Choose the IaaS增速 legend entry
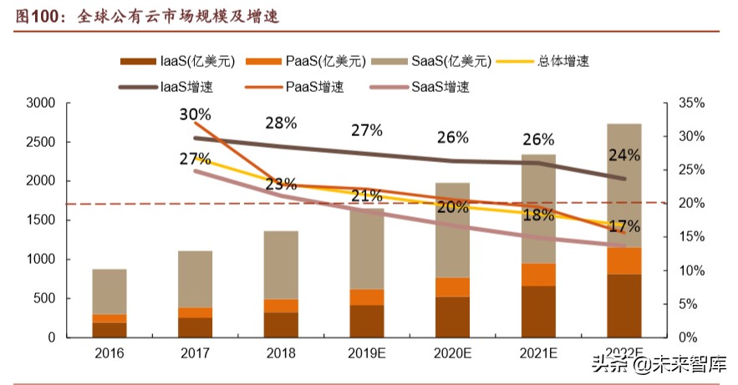click(x=177, y=86)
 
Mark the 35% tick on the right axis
click(x=690, y=104)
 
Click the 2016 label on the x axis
click(x=109, y=354)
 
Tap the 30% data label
click(x=194, y=114)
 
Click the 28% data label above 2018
click(x=281, y=123)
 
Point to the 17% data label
click(x=623, y=225)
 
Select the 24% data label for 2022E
click(x=623, y=155)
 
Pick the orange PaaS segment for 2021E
click(x=538, y=275)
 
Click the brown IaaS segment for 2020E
click(x=452, y=317)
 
